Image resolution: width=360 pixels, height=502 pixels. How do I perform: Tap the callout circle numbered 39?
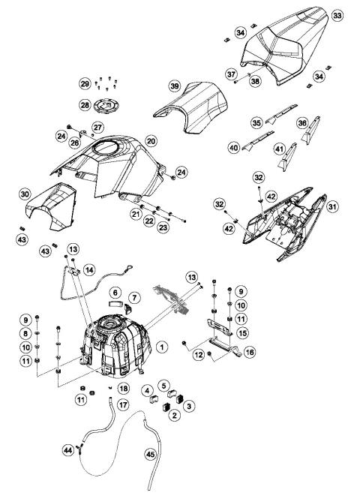pos(175,87)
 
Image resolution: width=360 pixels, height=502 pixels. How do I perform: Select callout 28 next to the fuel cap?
pos(85,104)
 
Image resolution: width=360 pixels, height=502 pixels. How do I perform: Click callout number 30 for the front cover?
pos(24,194)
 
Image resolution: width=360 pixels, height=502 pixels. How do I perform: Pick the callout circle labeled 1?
pos(161,346)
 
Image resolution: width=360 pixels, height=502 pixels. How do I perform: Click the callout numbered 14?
pos(89,269)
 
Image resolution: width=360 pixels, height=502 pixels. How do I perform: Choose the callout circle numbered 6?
pos(116,291)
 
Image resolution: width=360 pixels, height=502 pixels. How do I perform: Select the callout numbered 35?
pos(256,122)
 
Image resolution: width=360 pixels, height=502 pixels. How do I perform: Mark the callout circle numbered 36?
pos(303,122)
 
